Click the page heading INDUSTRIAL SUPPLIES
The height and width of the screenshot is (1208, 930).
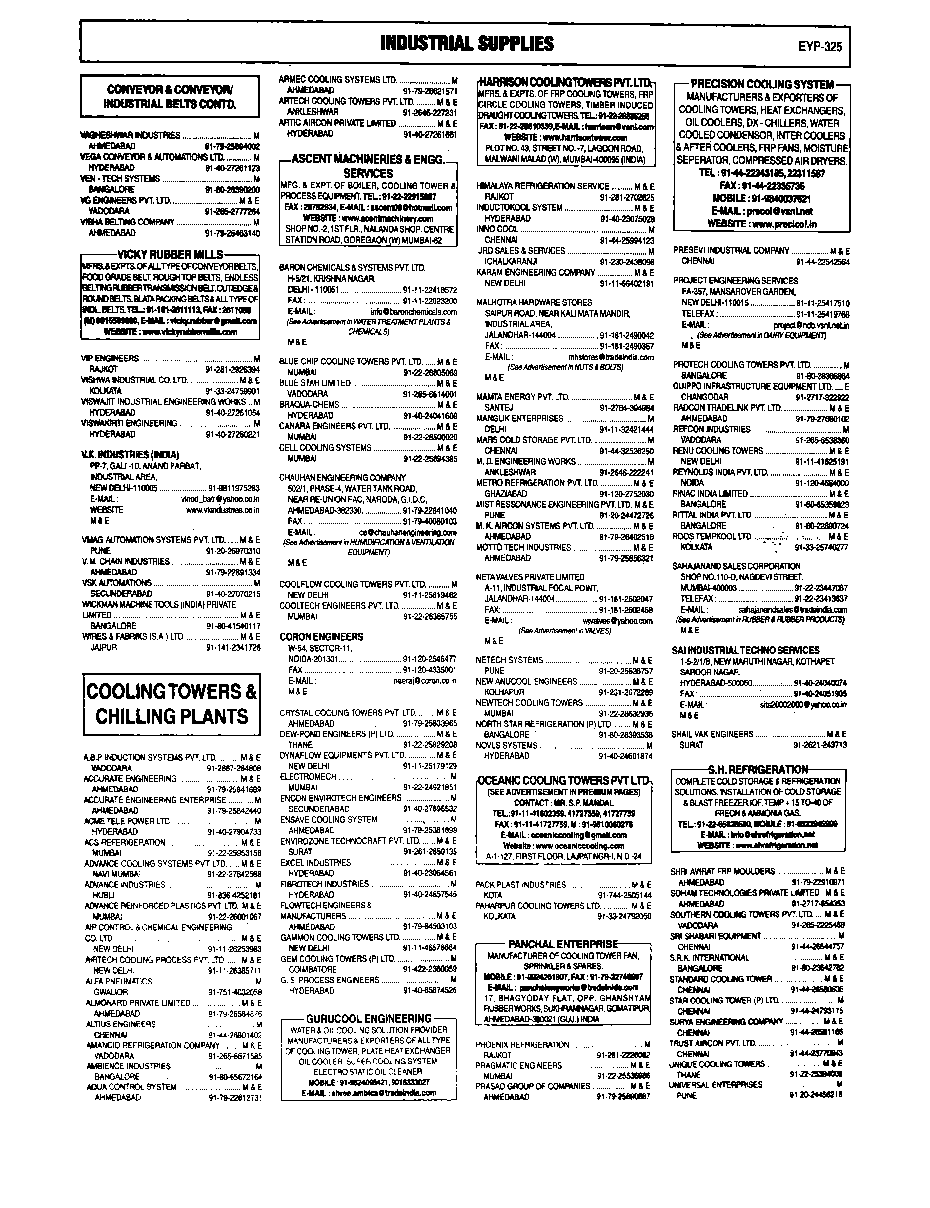point(467,43)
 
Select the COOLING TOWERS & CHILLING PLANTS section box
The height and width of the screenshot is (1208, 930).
point(172,704)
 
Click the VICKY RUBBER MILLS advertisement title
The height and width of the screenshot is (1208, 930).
point(170,255)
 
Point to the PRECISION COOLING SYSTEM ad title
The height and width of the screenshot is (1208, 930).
point(762,85)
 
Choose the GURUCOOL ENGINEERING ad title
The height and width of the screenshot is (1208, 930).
point(369,1018)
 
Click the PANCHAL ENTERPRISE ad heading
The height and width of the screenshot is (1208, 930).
point(563,944)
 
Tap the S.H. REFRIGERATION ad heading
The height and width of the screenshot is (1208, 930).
point(758,770)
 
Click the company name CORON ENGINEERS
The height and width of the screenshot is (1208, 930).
point(321,637)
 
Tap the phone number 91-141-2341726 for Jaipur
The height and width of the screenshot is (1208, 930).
point(233,647)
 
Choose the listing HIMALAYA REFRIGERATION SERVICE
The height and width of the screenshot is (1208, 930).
point(542,186)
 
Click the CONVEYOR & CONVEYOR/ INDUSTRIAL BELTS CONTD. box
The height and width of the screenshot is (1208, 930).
point(170,96)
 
